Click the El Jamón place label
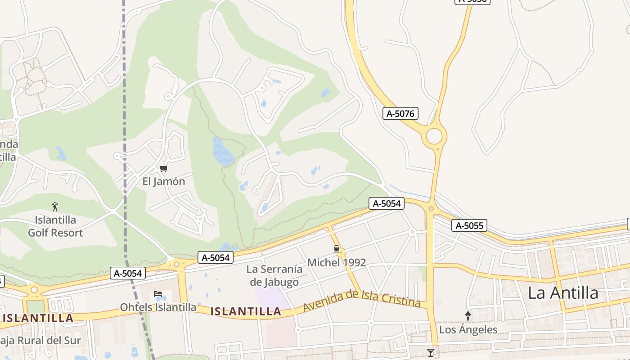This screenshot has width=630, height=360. pyautogui.click(x=163, y=181)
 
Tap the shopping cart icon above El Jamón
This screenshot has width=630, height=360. pyautogui.click(x=163, y=169)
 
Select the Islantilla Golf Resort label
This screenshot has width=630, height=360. pyautogui.click(x=55, y=226)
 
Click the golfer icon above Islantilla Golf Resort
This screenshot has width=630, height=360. pyautogui.click(x=55, y=207)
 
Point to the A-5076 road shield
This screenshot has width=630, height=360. pyautogui.click(x=400, y=113)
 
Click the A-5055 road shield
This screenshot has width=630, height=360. pyautogui.click(x=469, y=225)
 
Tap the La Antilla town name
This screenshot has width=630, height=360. pyautogui.click(x=563, y=293)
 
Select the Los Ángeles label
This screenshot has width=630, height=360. pyautogui.click(x=468, y=329)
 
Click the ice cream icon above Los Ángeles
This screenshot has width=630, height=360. pyautogui.click(x=468, y=316)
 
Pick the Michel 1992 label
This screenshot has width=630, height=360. pyautogui.click(x=337, y=262)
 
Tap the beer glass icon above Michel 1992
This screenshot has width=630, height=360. pyautogui.click(x=336, y=249)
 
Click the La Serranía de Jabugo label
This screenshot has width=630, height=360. pyautogui.click(x=274, y=275)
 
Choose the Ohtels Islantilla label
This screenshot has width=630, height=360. pyautogui.click(x=158, y=307)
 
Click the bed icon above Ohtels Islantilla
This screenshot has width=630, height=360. pyautogui.click(x=158, y=294)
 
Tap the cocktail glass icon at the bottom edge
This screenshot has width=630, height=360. pyautogui.click(x=431, y=352)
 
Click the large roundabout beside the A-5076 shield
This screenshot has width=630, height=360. pyautogui.click(x=434, y=136)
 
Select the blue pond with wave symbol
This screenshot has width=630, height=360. pyautogui.click(x=222, y=151)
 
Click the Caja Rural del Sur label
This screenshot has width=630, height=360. pyautogui.click(x=40, y=340)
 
